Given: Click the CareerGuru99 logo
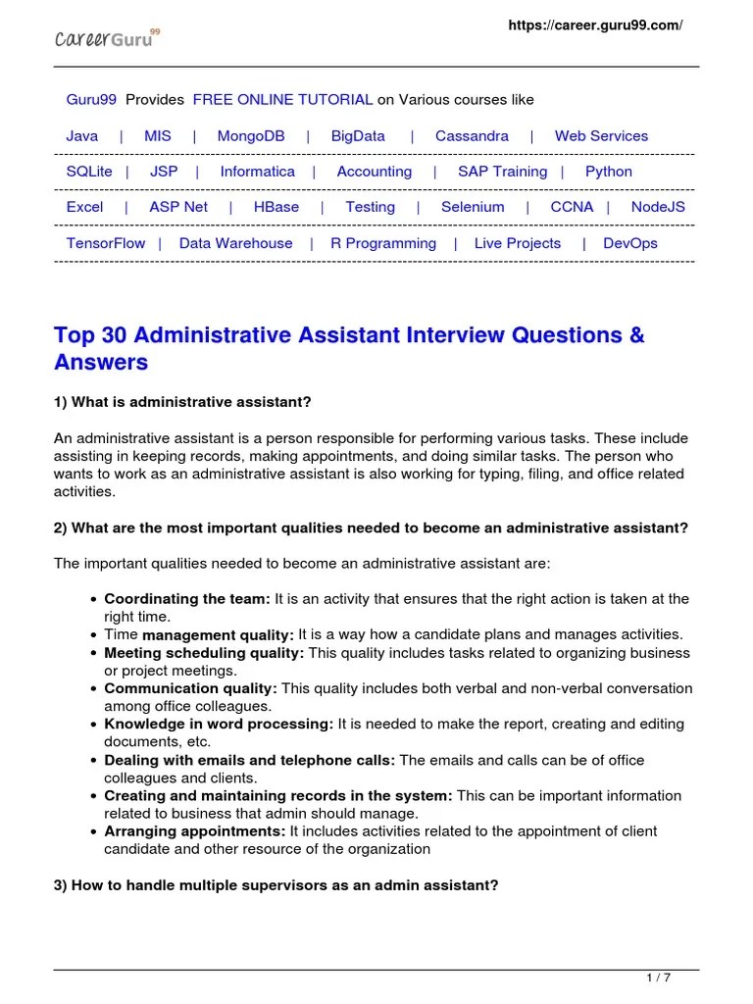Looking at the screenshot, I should tap(106, 40).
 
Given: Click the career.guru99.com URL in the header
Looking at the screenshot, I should tap(594, 25).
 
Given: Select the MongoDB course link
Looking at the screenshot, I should tap(251, 136).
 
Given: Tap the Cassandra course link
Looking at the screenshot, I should tap(472, 136).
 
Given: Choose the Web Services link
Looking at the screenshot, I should tap(601, 136).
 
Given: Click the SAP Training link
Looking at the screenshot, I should tap(502, 172).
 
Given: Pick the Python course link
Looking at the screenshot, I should tap(608, 172).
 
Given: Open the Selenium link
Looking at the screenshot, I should tap(473, 207).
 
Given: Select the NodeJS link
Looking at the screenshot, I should tap(658, 207).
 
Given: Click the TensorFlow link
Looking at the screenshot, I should tap(105, 243).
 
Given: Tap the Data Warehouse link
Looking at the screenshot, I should tap(235, 243).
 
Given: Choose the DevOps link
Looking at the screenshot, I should tap(630, 243).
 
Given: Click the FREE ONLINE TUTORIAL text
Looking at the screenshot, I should tap(282, 100).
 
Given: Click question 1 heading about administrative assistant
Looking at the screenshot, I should tap(182, 402).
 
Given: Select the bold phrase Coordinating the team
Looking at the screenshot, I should tap(186, 598).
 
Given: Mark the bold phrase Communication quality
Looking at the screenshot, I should tap(190, 688).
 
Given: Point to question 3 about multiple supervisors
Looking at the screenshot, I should tap(276, 885).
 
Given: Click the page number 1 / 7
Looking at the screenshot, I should tap(658, 978).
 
